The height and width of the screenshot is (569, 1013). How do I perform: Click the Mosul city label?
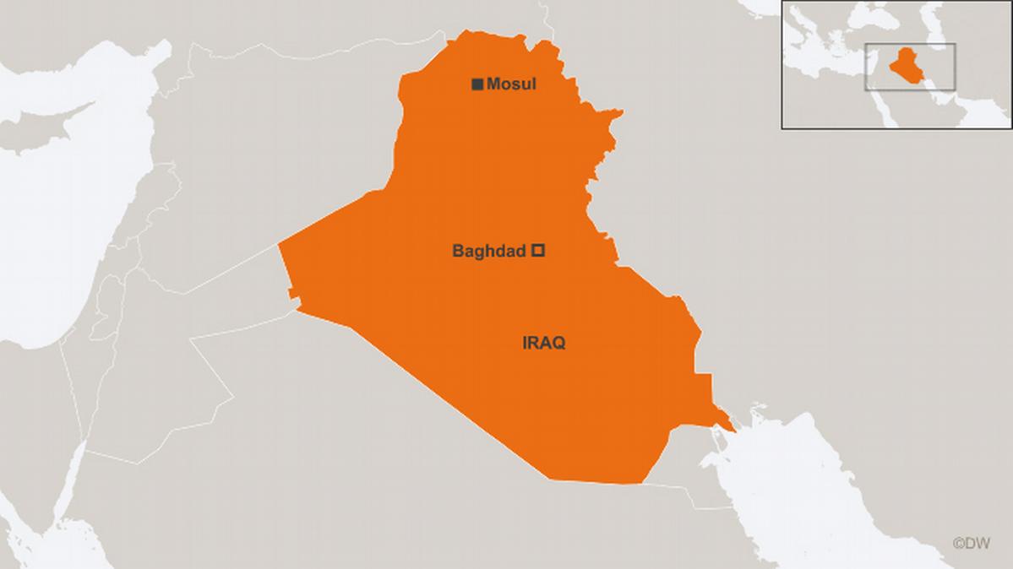click(511, 84)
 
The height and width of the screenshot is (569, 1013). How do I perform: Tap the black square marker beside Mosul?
click(477, 84)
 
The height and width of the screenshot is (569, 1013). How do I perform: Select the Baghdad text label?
click(489, 251)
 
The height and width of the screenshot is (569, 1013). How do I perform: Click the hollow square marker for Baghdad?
click(537, 250)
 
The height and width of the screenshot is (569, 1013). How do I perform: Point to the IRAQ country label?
click(544, 343)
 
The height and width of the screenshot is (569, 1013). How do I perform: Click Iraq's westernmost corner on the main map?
click(279, 246)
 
